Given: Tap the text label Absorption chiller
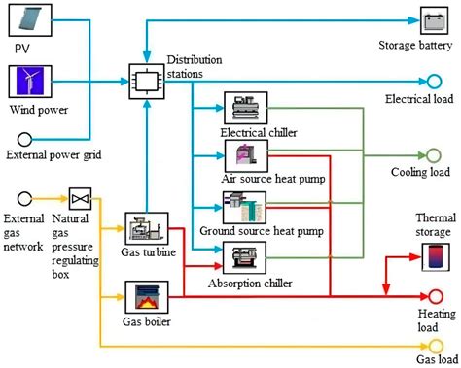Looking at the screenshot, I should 241,283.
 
